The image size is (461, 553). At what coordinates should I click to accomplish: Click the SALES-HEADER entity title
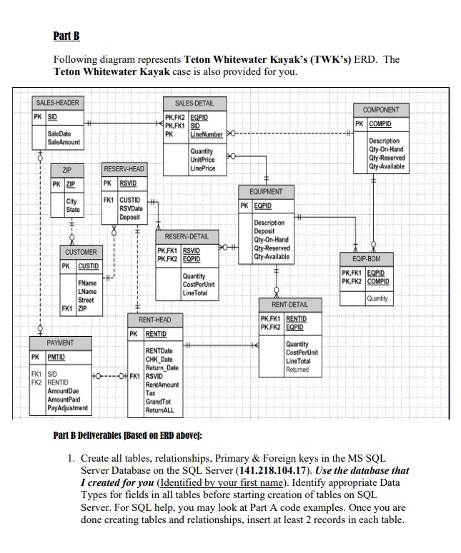tap(57, 103)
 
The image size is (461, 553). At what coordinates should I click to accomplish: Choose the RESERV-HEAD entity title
tap(124, 169)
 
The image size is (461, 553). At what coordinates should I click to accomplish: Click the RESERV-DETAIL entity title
tap(187, 236)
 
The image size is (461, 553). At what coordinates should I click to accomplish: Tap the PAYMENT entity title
tap(60, 343)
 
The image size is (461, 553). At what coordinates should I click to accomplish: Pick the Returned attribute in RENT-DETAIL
tap(297, 370)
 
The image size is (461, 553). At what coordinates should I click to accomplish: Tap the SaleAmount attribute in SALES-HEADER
tap(64, 142)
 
